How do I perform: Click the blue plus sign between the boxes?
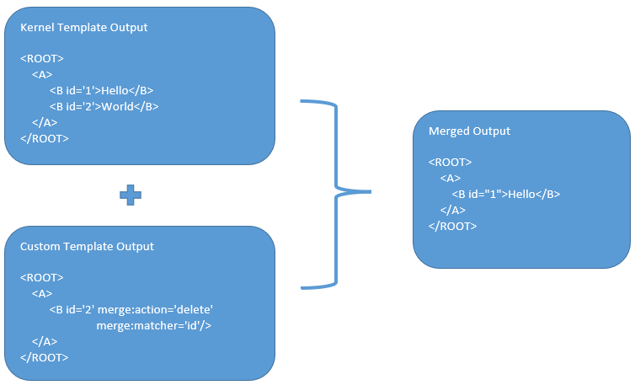[x=130, y=195]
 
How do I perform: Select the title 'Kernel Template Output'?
[x=83, y=28]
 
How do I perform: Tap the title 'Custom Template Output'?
[x=87, y=247]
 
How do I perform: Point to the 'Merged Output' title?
[x=469, y=131]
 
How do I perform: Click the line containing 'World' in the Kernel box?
[x=104, y=107]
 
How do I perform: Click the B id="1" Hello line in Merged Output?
[x=505, y=194]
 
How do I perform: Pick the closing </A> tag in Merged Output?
[x=452, y=210]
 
